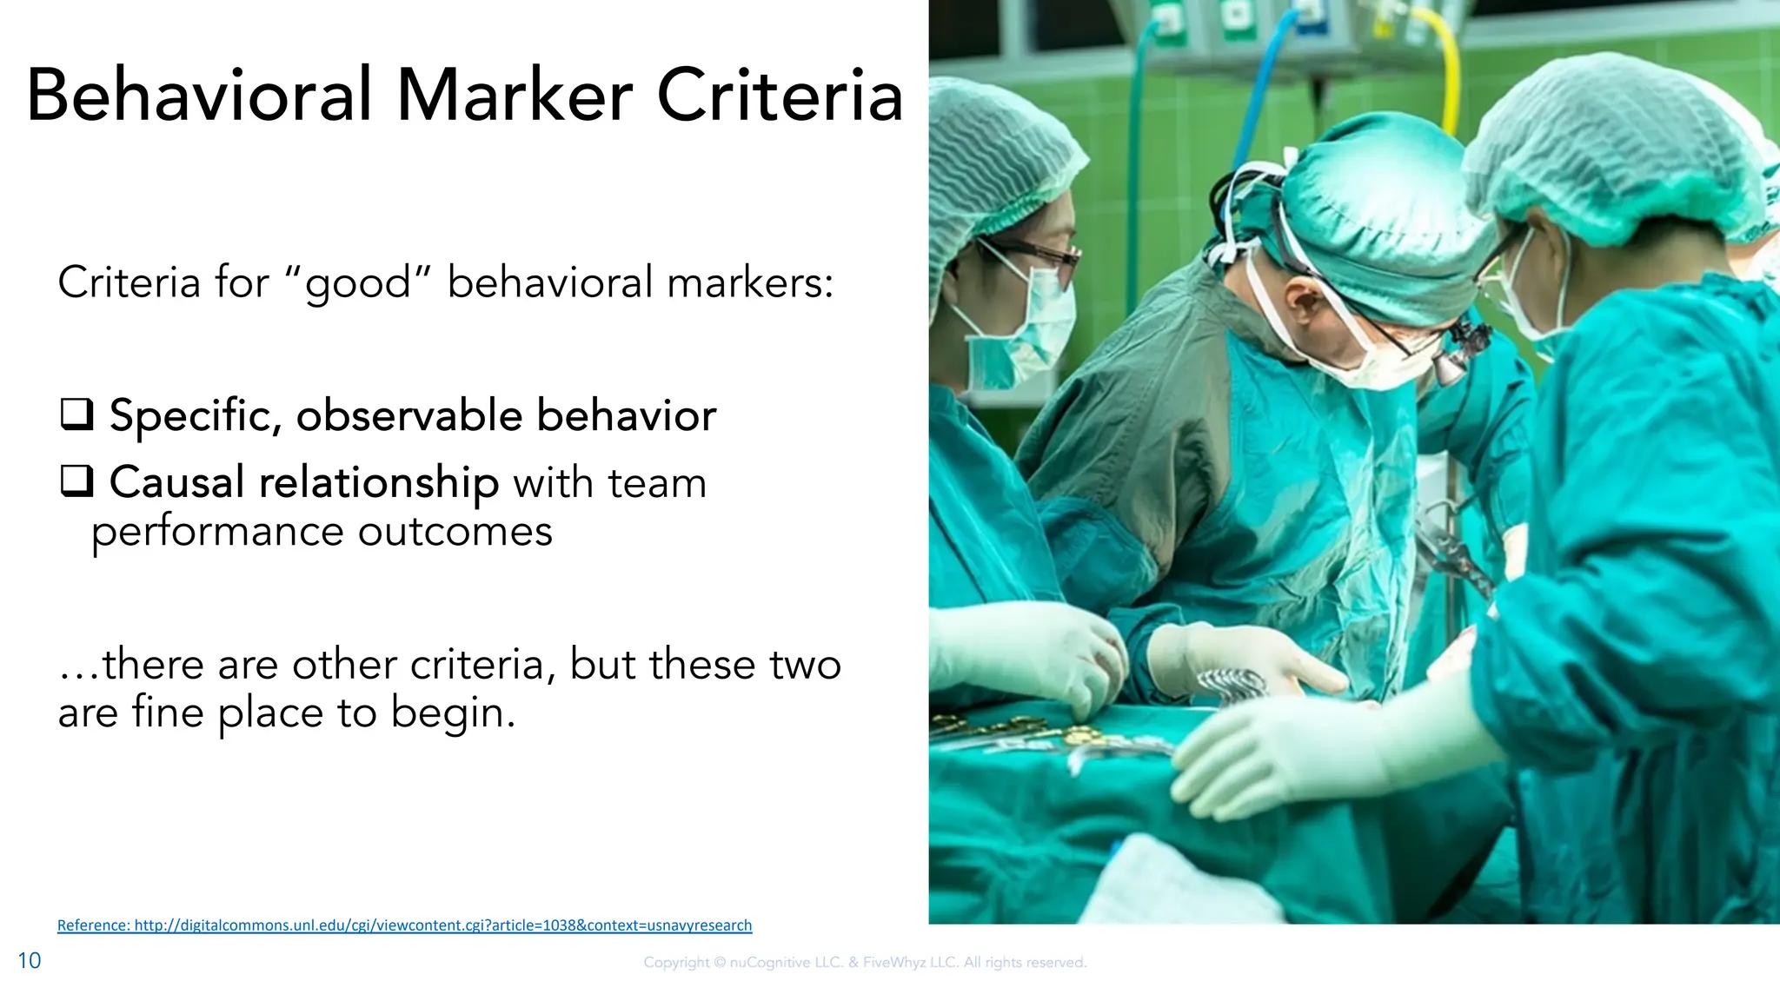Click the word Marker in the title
[x=515, y=96]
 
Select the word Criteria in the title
[x=780, y=96]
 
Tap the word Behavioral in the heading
[x=200, y=96]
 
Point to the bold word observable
[x=408, y=415]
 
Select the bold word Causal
[x=176, y=482]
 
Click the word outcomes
[x=455, y=531]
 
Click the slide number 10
[x=30, y=960]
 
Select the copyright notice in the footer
[x=865, y=962]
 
